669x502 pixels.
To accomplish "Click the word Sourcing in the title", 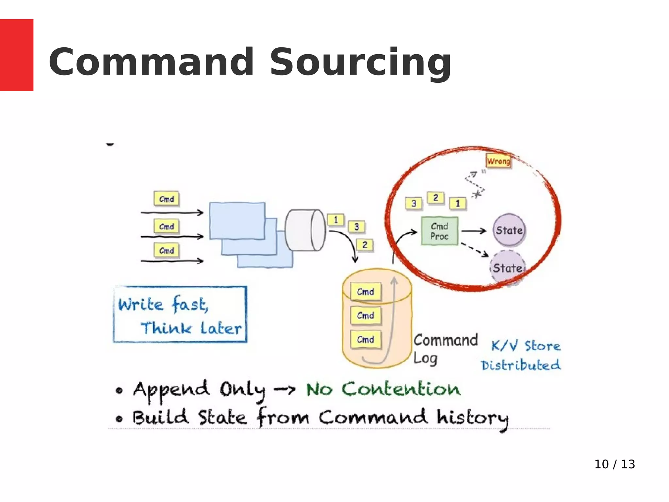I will click(x=360, y=62).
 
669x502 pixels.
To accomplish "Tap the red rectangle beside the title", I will click(x=16, y=55).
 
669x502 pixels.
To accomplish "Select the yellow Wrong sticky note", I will click(x=498, y=161).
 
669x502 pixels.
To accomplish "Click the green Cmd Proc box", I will click(x=439, y=231).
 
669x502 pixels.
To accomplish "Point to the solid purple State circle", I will click(x=509, y=230).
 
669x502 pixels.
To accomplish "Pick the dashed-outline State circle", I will click(x=507, y=268).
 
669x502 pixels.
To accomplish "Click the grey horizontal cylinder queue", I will click(x=305, y=230).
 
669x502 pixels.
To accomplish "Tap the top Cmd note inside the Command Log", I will click(x=366, y=292).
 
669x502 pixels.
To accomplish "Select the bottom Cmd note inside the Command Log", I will click(x=366, y=339).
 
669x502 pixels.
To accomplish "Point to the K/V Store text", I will click(x=526, y=345).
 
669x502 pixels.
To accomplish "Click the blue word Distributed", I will click(x=521, y=365).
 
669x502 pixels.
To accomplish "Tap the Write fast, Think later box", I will click(x=180, y=314).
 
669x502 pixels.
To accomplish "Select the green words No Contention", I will click(x=383, y=389).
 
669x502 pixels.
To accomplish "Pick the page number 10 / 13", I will click(x=614, y=464).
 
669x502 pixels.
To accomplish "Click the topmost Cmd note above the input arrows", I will click(x=167, y=199).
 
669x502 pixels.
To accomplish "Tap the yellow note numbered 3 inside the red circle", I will click(x=414, y=204).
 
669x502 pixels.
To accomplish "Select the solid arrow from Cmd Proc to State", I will click(x=474, y=231).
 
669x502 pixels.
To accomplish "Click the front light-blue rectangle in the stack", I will click(x=237, y=221).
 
